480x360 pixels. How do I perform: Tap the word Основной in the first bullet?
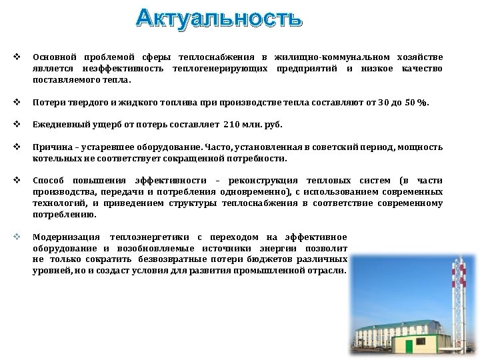point(56,59)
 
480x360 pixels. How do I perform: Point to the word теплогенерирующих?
point(220,69)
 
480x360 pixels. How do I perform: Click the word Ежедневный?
point(60,127)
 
